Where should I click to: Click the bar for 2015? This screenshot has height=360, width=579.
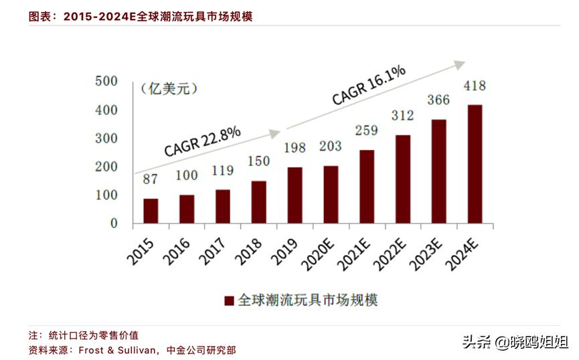[x=151, y=210]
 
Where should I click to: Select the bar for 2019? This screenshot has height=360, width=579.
[x=295, y=195]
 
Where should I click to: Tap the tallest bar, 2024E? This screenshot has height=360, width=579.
[x=474, y=163]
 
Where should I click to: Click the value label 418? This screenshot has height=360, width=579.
[x=474, y=86]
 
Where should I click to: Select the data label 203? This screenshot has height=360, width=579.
[x=330, y=147]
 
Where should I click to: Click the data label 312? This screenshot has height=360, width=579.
[x=402, y=116]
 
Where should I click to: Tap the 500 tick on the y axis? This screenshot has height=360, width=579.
[x=106, y=81]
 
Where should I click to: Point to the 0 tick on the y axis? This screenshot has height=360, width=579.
[x=114, y=223]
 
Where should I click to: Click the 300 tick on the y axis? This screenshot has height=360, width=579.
[x=106, y=139]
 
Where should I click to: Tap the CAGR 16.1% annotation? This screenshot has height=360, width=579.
[x=368, y=84]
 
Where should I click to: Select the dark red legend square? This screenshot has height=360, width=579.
[x=229, y=300]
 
